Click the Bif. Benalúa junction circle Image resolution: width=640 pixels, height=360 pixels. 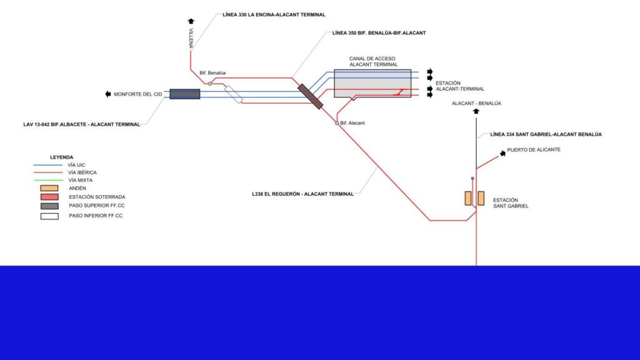[210, 83]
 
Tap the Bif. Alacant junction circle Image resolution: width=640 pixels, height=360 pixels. [337, 123]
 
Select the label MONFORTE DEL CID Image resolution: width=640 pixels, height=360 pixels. [137, 94]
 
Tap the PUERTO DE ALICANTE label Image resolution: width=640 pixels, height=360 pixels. [534, 150]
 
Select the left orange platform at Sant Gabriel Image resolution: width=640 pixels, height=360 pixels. [467, 198]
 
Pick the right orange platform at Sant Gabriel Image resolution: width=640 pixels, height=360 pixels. [481, 198]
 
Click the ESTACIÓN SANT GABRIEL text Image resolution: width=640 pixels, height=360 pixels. [510, 202]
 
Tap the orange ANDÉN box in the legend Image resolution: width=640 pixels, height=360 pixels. [49, 188]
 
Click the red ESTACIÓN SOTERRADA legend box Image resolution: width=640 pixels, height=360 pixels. [49, 197]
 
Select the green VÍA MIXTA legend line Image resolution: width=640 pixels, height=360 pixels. [48, 180]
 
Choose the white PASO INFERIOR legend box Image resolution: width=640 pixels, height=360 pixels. [49, 216]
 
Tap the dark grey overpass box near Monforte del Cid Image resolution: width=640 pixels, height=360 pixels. [184, 94]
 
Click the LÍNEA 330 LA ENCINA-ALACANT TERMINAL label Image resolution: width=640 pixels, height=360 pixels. [274, 14]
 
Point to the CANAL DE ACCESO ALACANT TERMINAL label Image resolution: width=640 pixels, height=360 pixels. [373, 61]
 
